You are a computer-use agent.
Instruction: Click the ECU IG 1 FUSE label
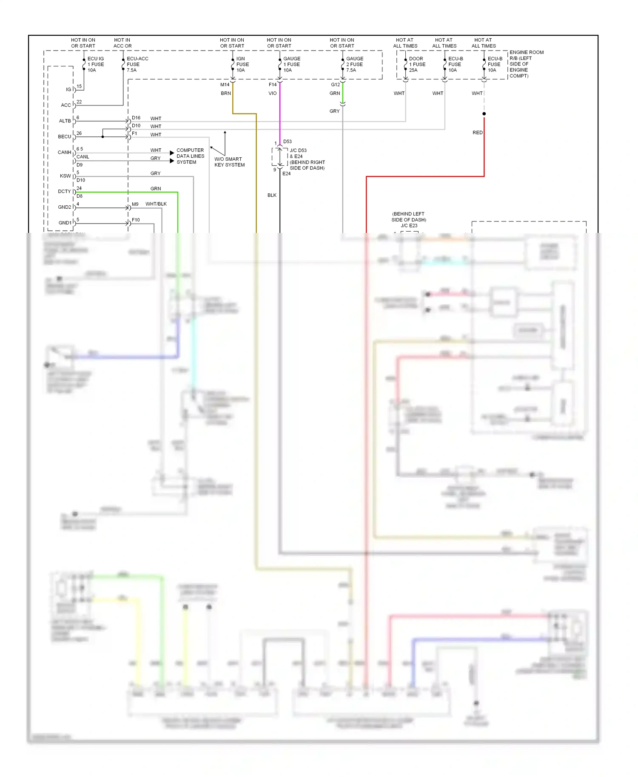(x=95, y=64)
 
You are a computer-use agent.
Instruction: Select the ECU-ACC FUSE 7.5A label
(x=137, y=64)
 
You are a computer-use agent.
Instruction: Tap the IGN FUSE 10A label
(x=242, y=64)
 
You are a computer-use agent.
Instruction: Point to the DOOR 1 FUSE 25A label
(x=417, y=64)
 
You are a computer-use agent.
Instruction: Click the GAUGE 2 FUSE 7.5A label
(x=354, y=64)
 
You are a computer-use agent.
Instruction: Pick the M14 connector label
(x=225, y=85)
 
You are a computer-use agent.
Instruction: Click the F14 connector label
(x=273, y=85)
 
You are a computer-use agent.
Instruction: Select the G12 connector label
(x=335, y=85)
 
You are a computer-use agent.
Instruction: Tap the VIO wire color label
(x=272, y=94)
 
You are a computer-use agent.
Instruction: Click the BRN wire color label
(x=225, y=94)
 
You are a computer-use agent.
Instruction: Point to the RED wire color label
(x=477, y=133)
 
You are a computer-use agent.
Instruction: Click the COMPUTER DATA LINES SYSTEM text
(x=190, y=156)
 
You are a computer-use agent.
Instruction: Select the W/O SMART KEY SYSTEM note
(x=229, y=162)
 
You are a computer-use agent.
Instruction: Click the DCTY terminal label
(x=64, y=192)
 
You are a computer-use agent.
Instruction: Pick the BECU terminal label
(x=64, y=137)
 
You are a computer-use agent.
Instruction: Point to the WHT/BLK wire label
(x=156, y=204)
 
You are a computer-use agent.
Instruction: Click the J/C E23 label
(x=409, y=226)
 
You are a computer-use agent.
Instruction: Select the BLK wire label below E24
(x=272, y=196)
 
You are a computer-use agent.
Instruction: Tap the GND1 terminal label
(x=65, y=223)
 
